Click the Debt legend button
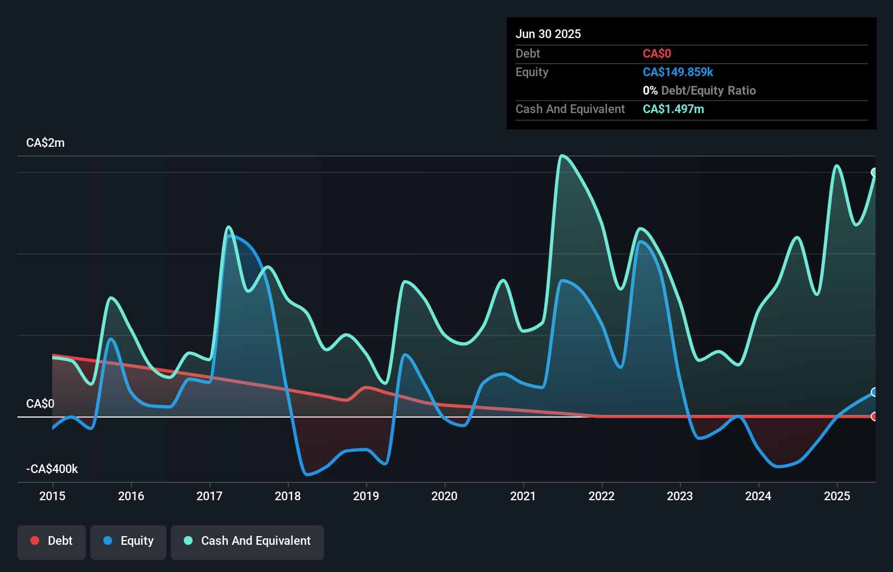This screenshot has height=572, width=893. (51, 542)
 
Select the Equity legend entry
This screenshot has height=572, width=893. (128, 542)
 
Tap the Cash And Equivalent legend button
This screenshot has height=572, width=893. (247, 542)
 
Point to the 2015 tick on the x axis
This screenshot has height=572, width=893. (52, 496)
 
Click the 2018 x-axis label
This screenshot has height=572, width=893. (288, 496)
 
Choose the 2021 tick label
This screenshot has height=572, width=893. (523, 496)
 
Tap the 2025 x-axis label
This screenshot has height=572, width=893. (836, 496)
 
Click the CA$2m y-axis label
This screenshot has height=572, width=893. (45, 143)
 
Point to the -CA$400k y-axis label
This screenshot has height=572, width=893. (52, 469)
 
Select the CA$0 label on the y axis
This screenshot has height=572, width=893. (40, 404)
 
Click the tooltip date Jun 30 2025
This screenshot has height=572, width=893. (548, 34)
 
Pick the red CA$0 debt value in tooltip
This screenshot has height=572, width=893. (656, 54)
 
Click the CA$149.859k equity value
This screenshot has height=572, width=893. (678, 72)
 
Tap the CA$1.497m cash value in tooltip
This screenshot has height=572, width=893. (673, 109)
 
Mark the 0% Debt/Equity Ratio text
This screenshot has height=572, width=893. (699, 91)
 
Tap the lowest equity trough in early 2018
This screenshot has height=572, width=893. (307, 475)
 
